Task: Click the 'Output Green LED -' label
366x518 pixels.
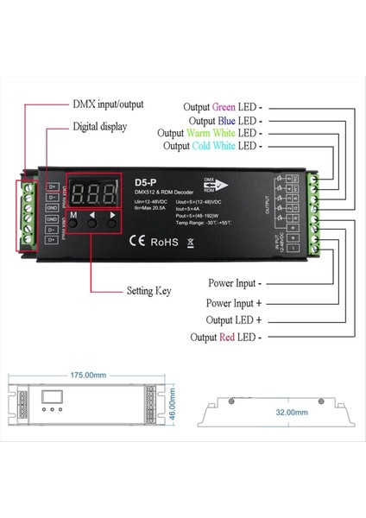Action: (224, 107)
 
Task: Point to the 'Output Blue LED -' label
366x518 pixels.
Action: (226, 120)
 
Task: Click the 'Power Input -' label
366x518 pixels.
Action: (236, 282)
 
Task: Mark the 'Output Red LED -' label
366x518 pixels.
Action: (227, 337)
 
